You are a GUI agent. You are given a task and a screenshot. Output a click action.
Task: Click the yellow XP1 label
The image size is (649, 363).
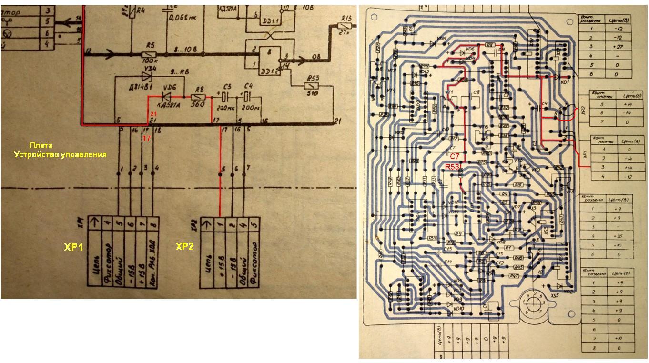coord(74,247)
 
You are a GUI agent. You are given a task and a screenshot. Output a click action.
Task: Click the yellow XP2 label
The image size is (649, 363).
coord(185,246)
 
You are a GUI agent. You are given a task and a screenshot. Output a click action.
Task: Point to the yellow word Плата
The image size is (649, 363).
coord(41,146)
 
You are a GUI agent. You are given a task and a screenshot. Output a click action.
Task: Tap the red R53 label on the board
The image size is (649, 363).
coord(452,167)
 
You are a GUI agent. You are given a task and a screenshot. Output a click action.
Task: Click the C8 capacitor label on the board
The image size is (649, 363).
coord(476,92)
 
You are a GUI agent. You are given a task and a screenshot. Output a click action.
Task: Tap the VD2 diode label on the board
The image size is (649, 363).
coord(567,291)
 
